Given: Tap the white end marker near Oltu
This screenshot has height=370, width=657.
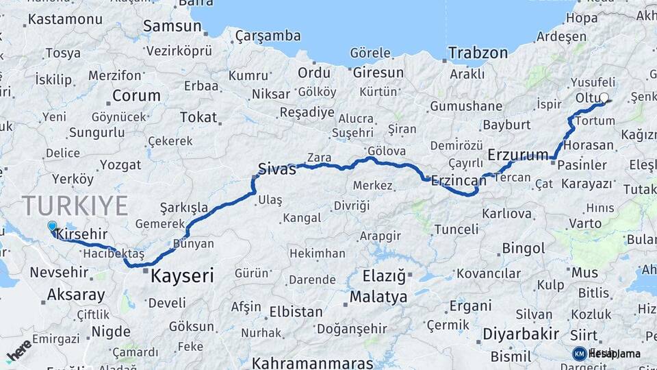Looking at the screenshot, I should [604, 98].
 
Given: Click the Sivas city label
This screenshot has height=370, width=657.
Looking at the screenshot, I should [276, 169].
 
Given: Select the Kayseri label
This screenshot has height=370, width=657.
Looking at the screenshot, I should [181, 276].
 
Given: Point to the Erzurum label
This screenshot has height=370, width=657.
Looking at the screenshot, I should [518, 156].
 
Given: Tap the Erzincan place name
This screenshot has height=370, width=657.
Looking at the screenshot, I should [454, 179].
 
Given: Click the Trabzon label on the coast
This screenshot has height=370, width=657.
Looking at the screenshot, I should [478, 53].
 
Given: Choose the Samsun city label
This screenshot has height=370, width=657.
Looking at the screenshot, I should [172, 27].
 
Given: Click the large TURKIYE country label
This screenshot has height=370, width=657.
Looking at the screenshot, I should [75, 206].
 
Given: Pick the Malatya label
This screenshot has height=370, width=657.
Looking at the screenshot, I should [378, 297].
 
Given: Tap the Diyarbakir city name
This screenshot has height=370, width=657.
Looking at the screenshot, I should [521, 334].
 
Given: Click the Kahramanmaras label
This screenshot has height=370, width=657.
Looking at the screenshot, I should [313, 362].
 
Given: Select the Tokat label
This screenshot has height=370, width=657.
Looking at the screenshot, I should [198, 117].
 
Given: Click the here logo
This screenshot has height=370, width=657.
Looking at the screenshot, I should [19, 350].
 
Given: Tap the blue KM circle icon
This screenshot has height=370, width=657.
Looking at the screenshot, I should [579, 354].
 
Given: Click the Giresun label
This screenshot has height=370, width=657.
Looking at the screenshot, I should [378, 72].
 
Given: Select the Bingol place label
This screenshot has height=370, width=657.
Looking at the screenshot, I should [523, 248].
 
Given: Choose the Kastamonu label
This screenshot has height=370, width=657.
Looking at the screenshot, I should [60, 20].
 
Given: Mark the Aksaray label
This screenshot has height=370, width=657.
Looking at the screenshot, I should [76, 296].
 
